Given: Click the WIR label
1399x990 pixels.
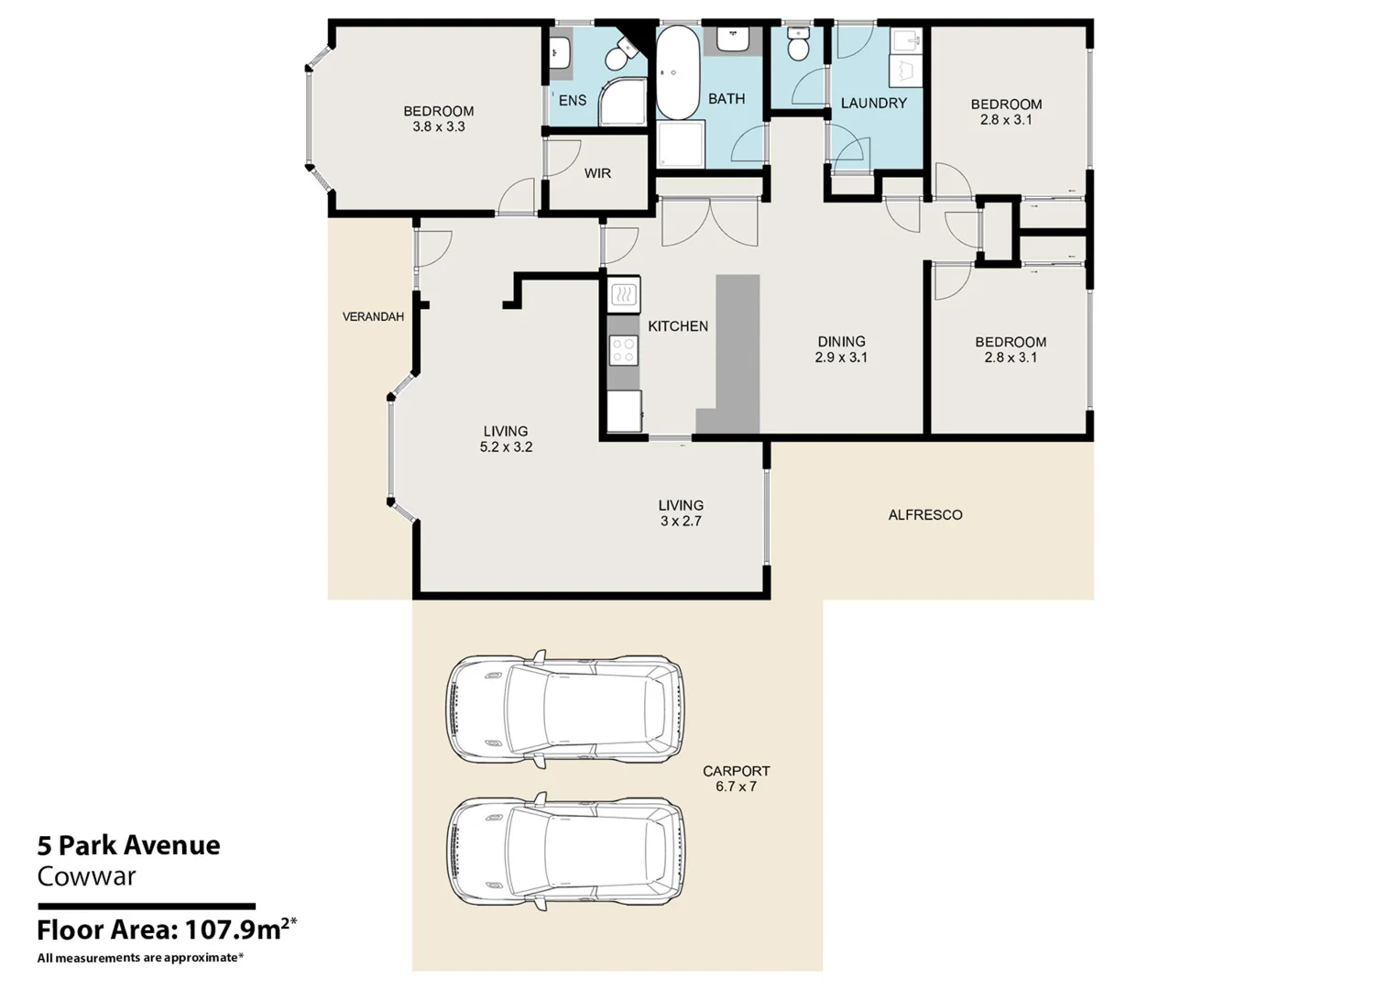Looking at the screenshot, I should coord(597,173).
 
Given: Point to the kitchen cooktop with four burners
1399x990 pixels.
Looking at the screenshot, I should coord(624,350).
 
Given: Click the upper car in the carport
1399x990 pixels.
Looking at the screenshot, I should coord(564,709).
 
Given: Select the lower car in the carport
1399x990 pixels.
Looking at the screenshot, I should coord(564,852).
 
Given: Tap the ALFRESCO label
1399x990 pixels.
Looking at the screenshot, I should coord(924,515).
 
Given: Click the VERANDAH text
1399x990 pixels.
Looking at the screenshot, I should coord(373,317).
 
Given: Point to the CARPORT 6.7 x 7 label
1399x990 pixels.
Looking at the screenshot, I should coord(736,778).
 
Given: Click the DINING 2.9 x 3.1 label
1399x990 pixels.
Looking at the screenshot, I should coord(841,349).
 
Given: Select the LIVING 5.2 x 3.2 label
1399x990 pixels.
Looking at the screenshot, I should coord(506,439).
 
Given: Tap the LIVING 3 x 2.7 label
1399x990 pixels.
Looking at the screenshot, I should coord(681,512).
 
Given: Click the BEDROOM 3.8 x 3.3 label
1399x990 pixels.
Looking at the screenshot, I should coord(438,119).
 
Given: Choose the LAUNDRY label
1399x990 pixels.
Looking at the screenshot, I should coord(873,104).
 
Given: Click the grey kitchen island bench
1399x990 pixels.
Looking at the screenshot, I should coord(738,348).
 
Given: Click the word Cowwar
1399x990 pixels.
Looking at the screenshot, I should coord(86,876).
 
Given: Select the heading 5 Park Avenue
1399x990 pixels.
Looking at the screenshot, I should coord(128,845).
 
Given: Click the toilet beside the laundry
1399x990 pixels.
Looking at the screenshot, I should coord(798,44).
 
